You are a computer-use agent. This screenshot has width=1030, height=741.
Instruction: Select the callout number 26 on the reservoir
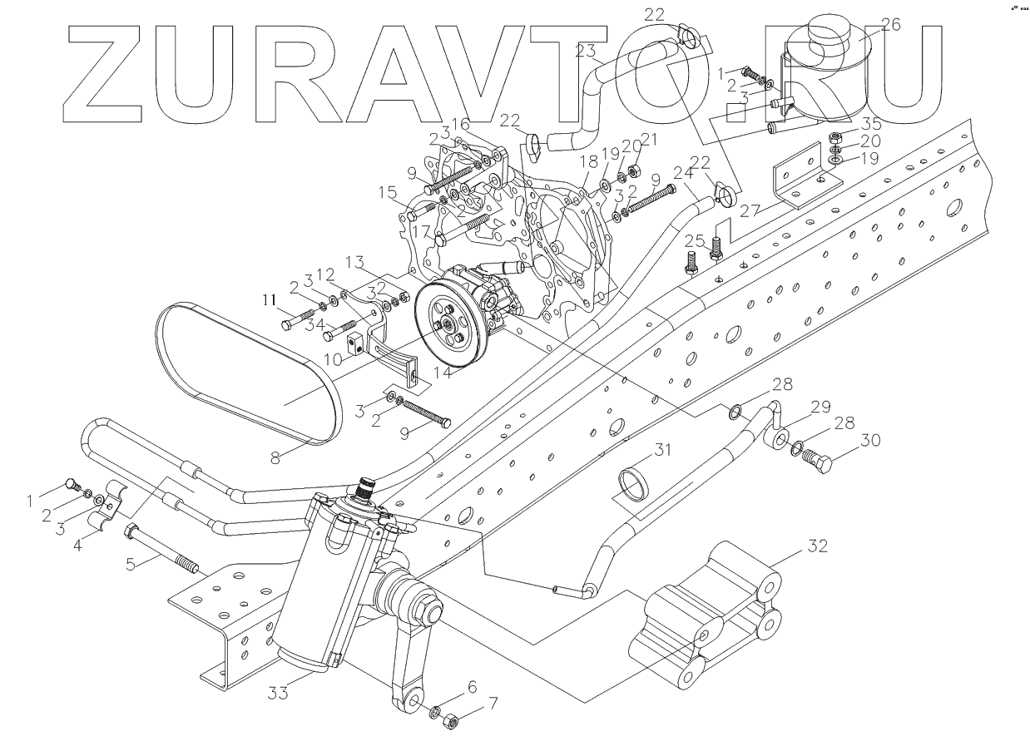click(x=889, y=26)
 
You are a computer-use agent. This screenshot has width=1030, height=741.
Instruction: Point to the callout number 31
click(x=661, y=452)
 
